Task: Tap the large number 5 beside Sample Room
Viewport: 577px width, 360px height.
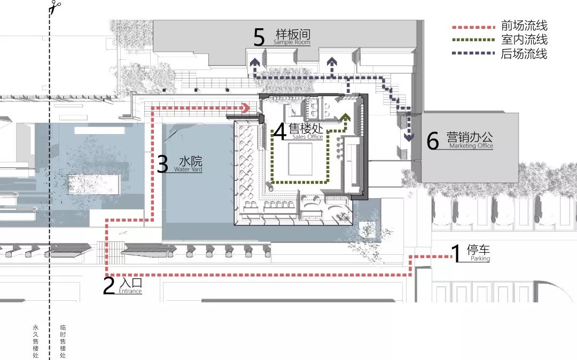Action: click(259, 37)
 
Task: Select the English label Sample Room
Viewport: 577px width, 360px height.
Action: click(292, 42)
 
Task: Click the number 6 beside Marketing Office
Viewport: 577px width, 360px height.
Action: click(432, 140)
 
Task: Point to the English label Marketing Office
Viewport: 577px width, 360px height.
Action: click(471, 146)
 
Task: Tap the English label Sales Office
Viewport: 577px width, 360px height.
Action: click(308, 137)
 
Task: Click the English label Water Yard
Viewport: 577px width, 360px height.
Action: click(188, 169)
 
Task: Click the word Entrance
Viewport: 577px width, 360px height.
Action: click(130, 291)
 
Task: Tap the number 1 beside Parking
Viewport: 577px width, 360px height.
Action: click(456, 253)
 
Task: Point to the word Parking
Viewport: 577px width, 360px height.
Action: click(480, 259)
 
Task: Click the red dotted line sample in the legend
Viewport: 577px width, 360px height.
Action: click(473, 27)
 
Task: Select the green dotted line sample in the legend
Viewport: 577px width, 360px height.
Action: click(473, 40)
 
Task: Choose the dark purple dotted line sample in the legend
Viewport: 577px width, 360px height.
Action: click(473, 53)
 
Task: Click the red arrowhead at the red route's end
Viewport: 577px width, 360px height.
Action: click(246, 108)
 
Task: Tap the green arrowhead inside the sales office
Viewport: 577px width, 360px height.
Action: click(345, 117)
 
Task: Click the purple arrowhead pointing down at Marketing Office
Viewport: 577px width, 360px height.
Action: click(409, 137)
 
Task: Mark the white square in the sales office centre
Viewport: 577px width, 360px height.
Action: click(300, 159)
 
